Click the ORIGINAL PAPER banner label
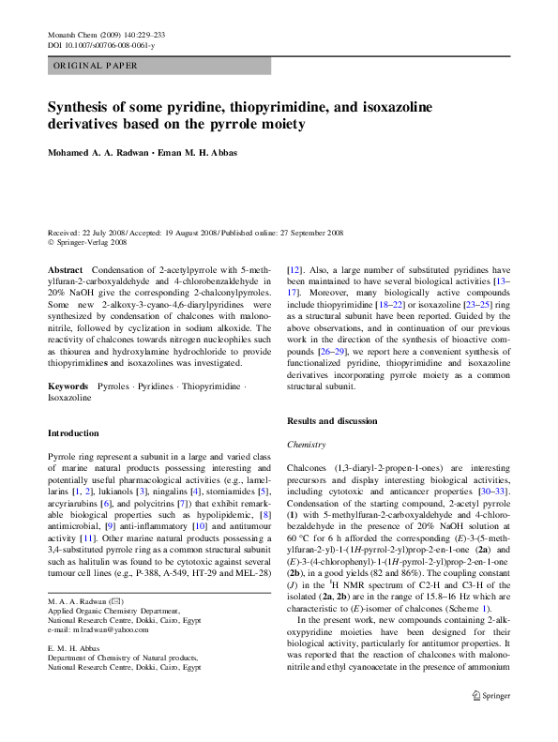[96, 66]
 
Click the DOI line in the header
[101, 44]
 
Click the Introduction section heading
[73, 433]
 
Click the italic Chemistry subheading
[306, 445]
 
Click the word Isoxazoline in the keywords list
[70, 398]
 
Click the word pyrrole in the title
[294, 124]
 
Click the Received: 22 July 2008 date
[93, 232]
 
